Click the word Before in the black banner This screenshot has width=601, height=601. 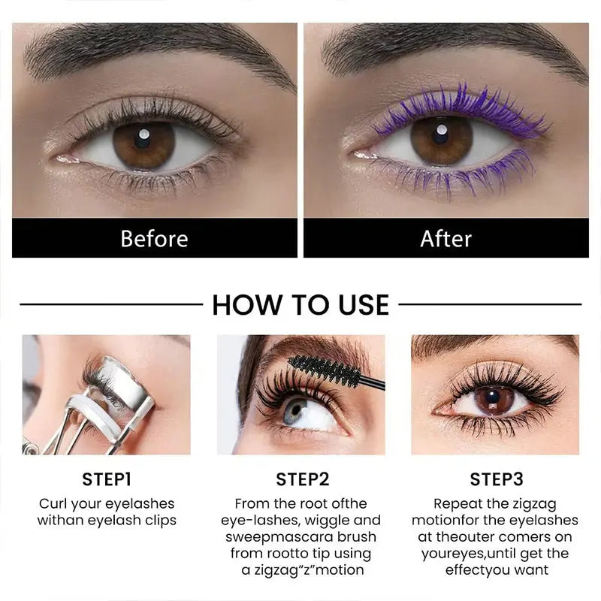tap(155, 238)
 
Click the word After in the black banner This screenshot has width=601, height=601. tap(445, 238)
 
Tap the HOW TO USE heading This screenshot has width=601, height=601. tap(300, 305)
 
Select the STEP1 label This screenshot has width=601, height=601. tap(107, 479)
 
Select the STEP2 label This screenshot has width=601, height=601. tap(303, 479)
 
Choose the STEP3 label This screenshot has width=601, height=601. tap(497, 479)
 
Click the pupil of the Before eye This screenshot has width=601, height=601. tap(143, 139)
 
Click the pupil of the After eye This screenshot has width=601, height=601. tap(440, 135)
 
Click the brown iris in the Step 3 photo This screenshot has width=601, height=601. tap(494, 400)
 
